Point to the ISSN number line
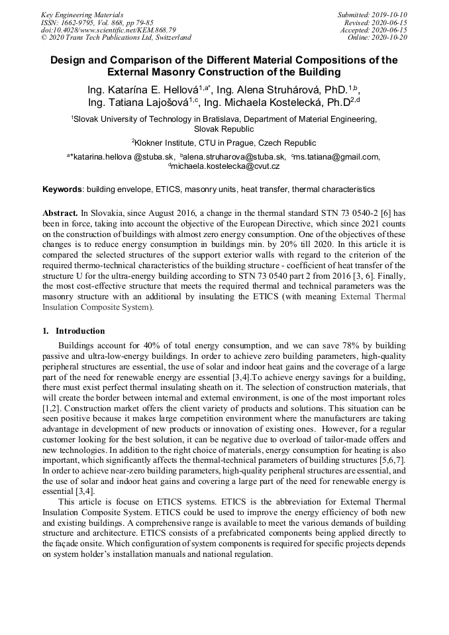95,22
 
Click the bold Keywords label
62,189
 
